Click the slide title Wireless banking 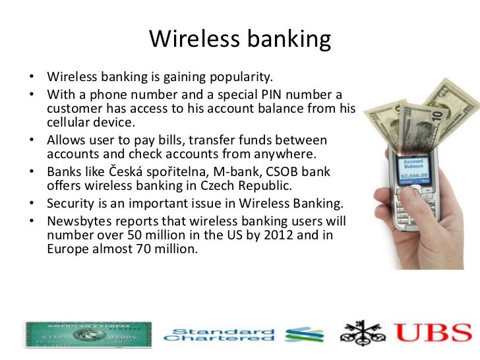point(239,40)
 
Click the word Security point(71,204)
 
